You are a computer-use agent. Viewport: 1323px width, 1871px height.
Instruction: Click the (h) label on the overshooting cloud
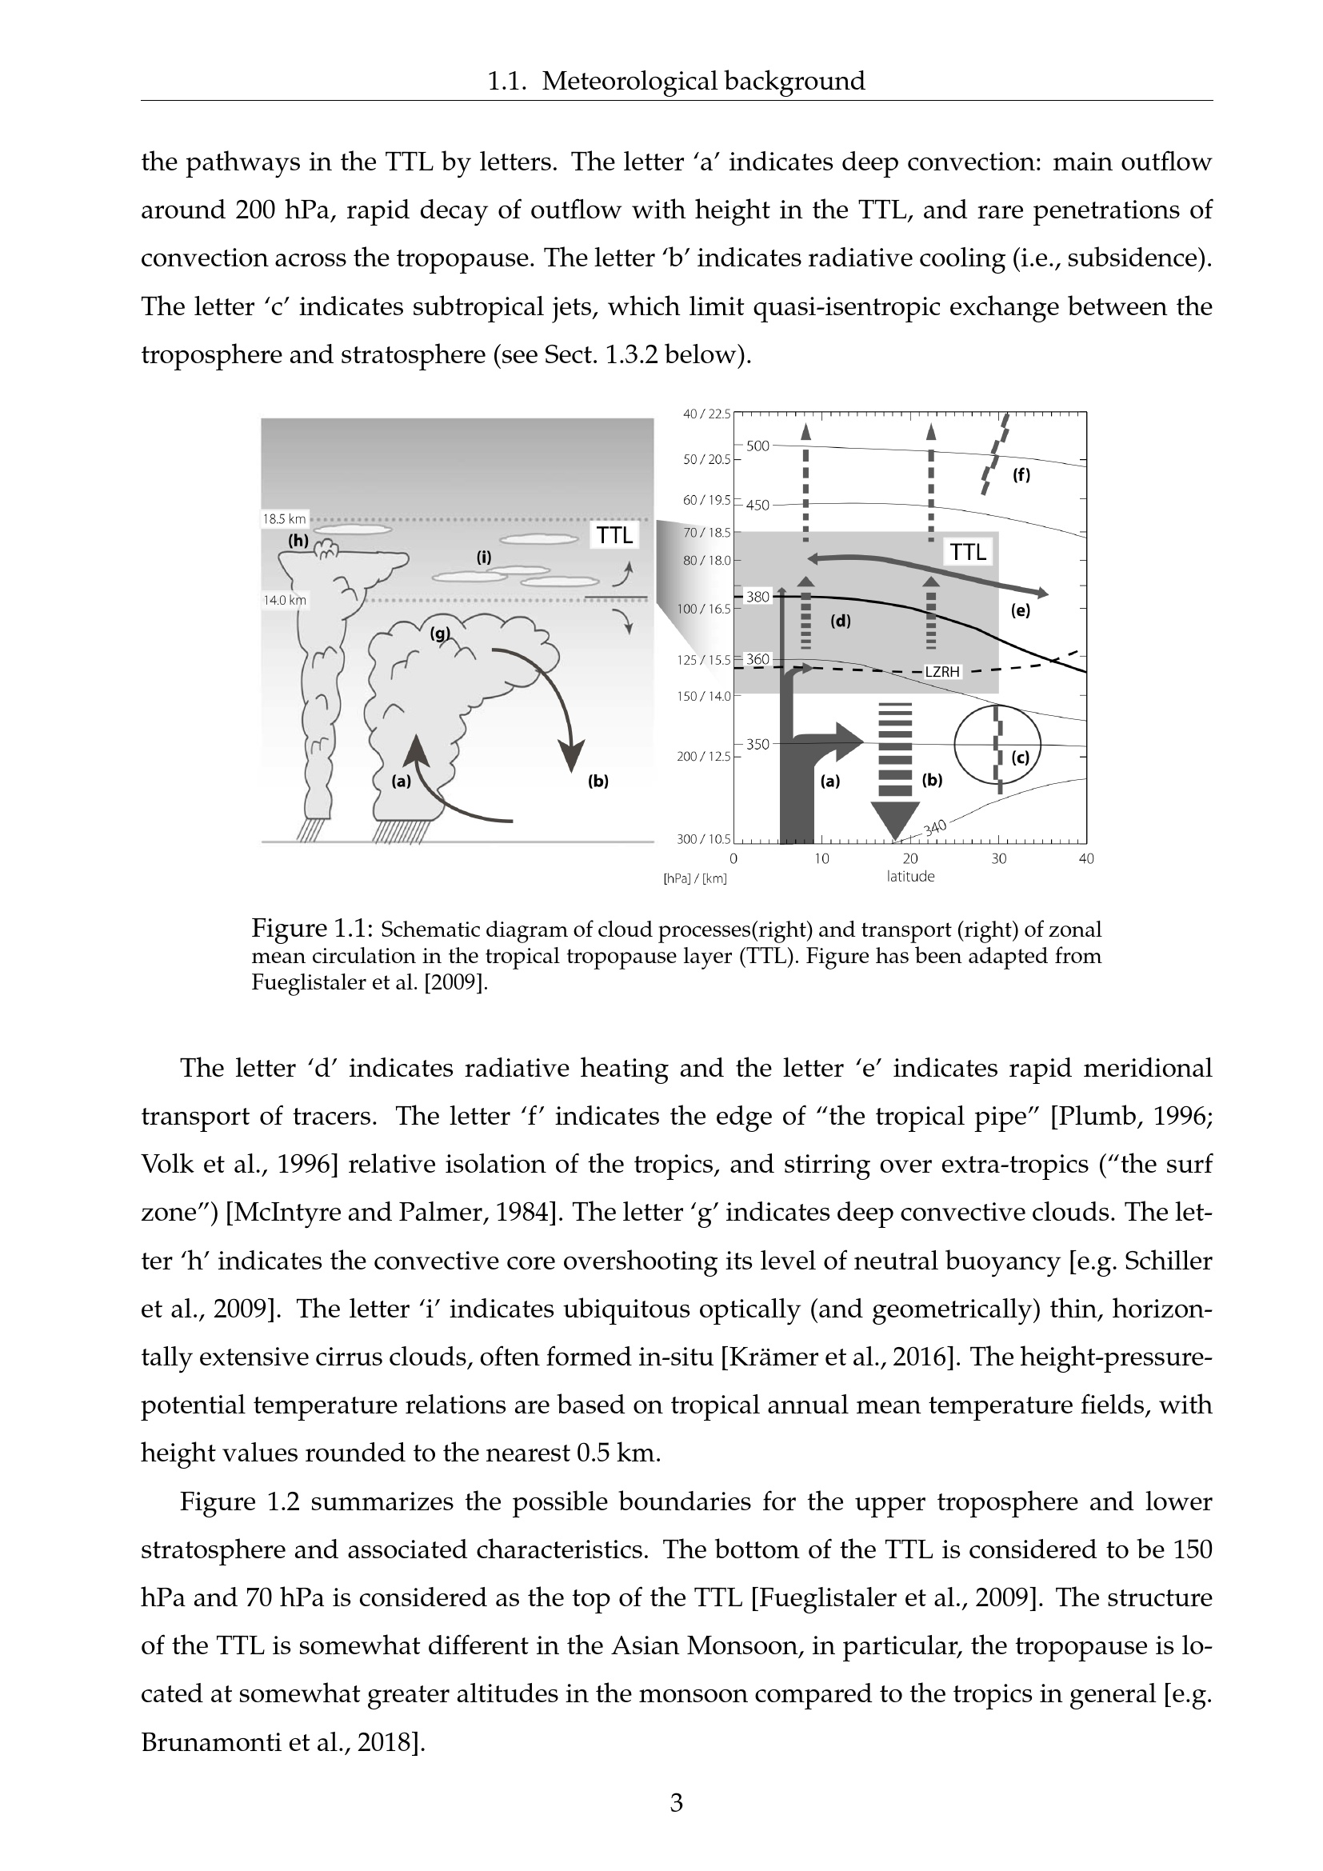coord(298,539)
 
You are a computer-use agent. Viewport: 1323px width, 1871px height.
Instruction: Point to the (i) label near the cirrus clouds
coord(484,558)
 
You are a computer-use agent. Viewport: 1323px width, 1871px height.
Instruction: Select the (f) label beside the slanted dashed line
coord(1021,475)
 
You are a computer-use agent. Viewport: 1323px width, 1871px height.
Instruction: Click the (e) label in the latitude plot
coord(1020,610)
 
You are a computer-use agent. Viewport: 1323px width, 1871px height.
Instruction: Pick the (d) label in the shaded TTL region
coord(841,621)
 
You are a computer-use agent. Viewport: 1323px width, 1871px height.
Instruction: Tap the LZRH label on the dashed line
coord(942,672)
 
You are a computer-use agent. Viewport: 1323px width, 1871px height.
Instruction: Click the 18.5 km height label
coord(284,518)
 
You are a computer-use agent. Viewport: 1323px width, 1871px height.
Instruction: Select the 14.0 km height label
coord(284,601)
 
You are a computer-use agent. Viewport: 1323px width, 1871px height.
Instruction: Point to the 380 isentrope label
coord(757,597)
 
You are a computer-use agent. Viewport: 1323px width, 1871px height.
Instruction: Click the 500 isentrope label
coord(757,446)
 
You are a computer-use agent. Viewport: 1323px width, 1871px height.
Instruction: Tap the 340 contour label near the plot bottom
coord(935,828)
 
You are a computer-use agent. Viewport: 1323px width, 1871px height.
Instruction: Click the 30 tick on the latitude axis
coord(999,858)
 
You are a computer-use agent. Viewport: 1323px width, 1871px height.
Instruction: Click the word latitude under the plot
coord(911,877)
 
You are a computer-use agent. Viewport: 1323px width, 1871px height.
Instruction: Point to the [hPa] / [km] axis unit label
coord(696,878)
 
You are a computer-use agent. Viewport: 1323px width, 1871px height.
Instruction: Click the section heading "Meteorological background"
coord(704,82)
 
